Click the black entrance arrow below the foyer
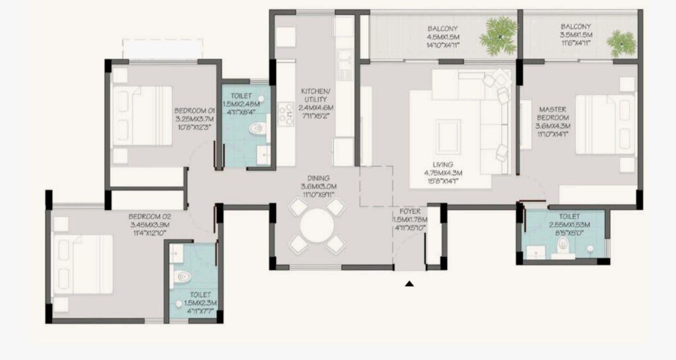[x=409, y=284]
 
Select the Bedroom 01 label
[x=195, y=110]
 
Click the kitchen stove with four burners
[x=287, y=113]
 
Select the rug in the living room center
[x=452, y=135]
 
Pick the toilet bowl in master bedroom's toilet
[x=562, y=245]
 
